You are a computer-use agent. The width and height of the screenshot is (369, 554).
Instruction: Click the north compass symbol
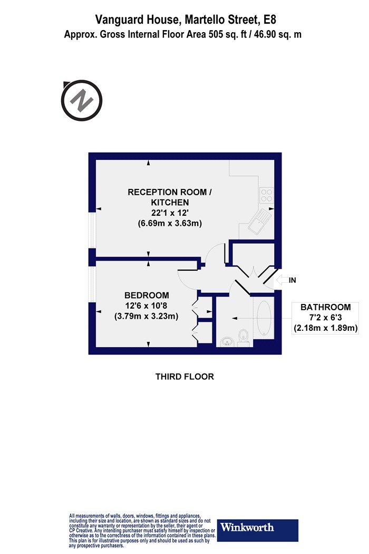(x=82, y=100)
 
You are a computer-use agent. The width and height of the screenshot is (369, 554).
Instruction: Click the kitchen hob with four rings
(x=266, y=195)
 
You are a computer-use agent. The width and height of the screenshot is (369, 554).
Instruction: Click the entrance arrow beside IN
(x=281, y=280)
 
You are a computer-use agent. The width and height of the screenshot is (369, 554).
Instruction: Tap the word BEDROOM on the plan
(x=147, y=295)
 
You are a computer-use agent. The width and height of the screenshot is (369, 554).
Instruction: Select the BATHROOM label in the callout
(x=326, y=307)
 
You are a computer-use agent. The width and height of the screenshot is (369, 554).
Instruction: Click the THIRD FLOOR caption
(x=184, y=377)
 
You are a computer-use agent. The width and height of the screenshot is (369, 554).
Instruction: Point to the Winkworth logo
(x=258, y=530)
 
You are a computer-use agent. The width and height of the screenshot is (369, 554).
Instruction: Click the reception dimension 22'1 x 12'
(x=170, y=213)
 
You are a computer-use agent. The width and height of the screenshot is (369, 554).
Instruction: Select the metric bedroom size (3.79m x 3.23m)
(x=146, y=316)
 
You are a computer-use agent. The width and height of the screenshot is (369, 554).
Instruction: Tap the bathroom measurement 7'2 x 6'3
(x=326, y=318)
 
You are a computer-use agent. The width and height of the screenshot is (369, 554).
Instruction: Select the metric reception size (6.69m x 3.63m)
(x=170, y=223)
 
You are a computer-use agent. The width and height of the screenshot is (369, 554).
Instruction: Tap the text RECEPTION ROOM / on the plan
(x=170, y=192)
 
